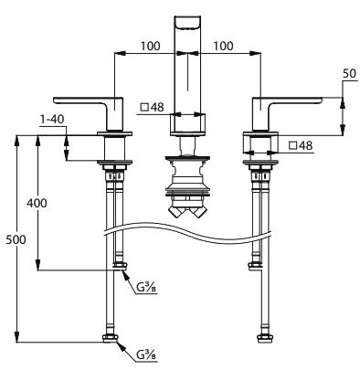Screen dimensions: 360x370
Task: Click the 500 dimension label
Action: pos(16,239)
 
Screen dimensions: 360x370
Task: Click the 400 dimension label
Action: pos(37,203)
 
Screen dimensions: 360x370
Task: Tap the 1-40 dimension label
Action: pos(52,119)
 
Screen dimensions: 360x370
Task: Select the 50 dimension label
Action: pos(349,73)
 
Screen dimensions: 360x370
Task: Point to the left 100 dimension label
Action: pos(150,46)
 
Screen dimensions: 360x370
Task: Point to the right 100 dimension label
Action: pos(223,46)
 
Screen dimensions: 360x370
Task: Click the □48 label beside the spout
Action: pos(152,107)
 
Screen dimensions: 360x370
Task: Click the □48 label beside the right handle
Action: pos(301,145)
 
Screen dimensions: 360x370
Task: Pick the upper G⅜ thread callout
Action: pos(146,287)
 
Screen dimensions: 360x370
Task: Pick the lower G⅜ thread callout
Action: pos(146,354)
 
